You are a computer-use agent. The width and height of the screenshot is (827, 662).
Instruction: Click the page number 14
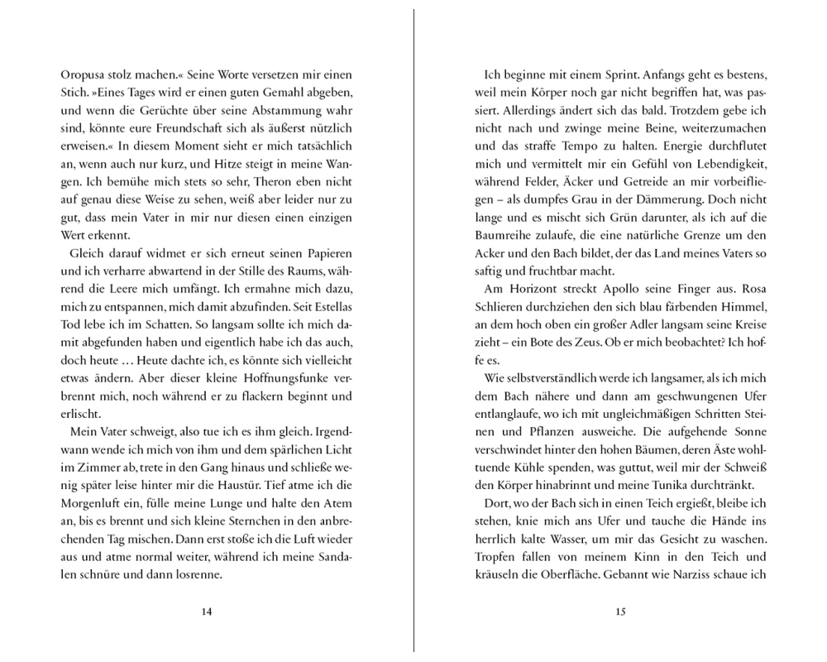(207, 612)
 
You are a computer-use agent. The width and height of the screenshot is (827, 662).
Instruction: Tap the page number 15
(621, 612)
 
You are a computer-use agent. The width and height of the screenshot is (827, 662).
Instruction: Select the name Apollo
(631, 294)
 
